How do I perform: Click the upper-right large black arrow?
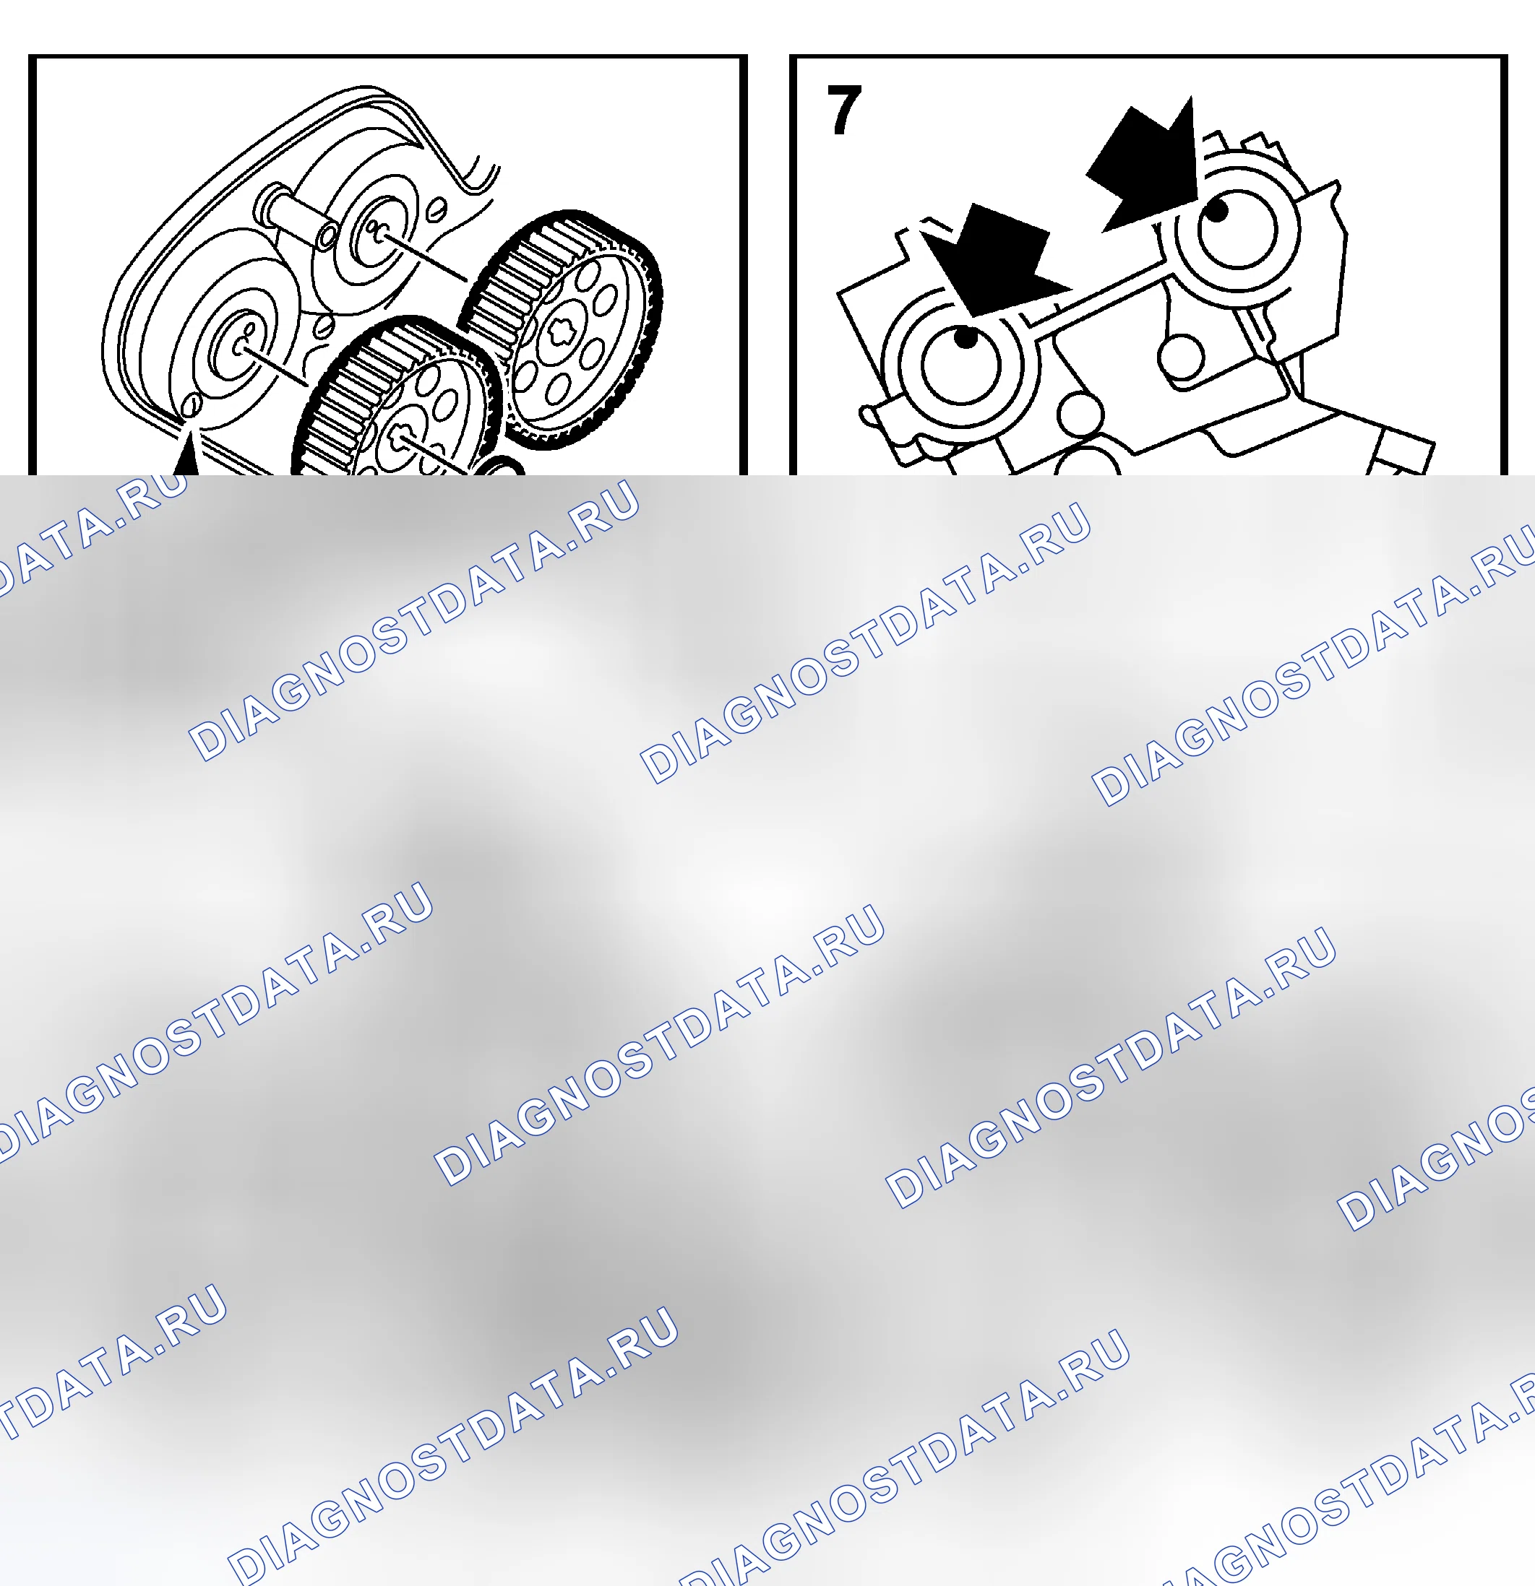pos(1148,168)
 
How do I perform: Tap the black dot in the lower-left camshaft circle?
pos(965,337)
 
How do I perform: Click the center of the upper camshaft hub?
pos(378,233)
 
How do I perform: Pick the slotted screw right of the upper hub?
pos(437,209)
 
